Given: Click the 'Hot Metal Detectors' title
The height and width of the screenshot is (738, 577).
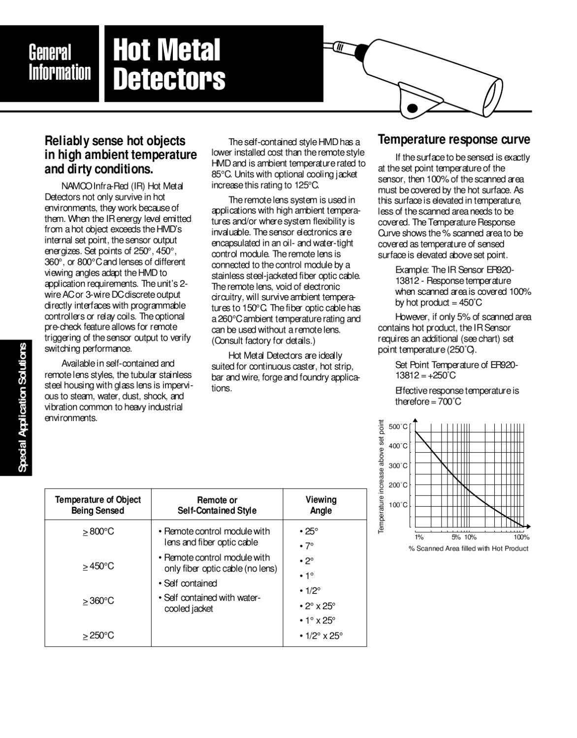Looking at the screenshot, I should coord(168,64).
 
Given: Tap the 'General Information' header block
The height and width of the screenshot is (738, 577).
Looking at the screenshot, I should coord(60,62).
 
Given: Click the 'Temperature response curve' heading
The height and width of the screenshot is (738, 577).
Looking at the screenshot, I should coord(453,140).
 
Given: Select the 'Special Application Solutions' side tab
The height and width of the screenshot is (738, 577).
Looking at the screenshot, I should coord(22,407).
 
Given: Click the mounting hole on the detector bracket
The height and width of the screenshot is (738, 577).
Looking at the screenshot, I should coord(413,108).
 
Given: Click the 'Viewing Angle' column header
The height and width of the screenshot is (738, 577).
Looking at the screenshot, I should coord(321,505).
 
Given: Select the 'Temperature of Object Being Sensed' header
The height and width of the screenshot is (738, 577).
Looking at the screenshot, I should coord(97,505).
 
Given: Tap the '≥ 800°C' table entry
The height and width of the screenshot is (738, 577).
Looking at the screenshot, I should coord(98,531).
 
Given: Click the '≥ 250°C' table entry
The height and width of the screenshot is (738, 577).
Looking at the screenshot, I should coord(98,635).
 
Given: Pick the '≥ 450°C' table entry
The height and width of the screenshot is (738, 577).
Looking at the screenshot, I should coord(98,566).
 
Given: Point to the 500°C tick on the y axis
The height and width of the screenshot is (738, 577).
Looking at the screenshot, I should coord(398,427).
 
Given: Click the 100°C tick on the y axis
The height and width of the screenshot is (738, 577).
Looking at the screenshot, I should coord(398,505).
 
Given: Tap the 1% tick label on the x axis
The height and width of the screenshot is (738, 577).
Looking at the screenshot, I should coord(419,537).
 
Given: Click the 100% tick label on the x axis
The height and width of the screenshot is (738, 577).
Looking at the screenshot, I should coord(521,537).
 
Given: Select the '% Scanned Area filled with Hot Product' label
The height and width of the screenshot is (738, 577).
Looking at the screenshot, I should coord(468,548).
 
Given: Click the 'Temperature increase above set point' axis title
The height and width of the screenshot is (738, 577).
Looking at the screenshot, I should coord(381,476).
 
